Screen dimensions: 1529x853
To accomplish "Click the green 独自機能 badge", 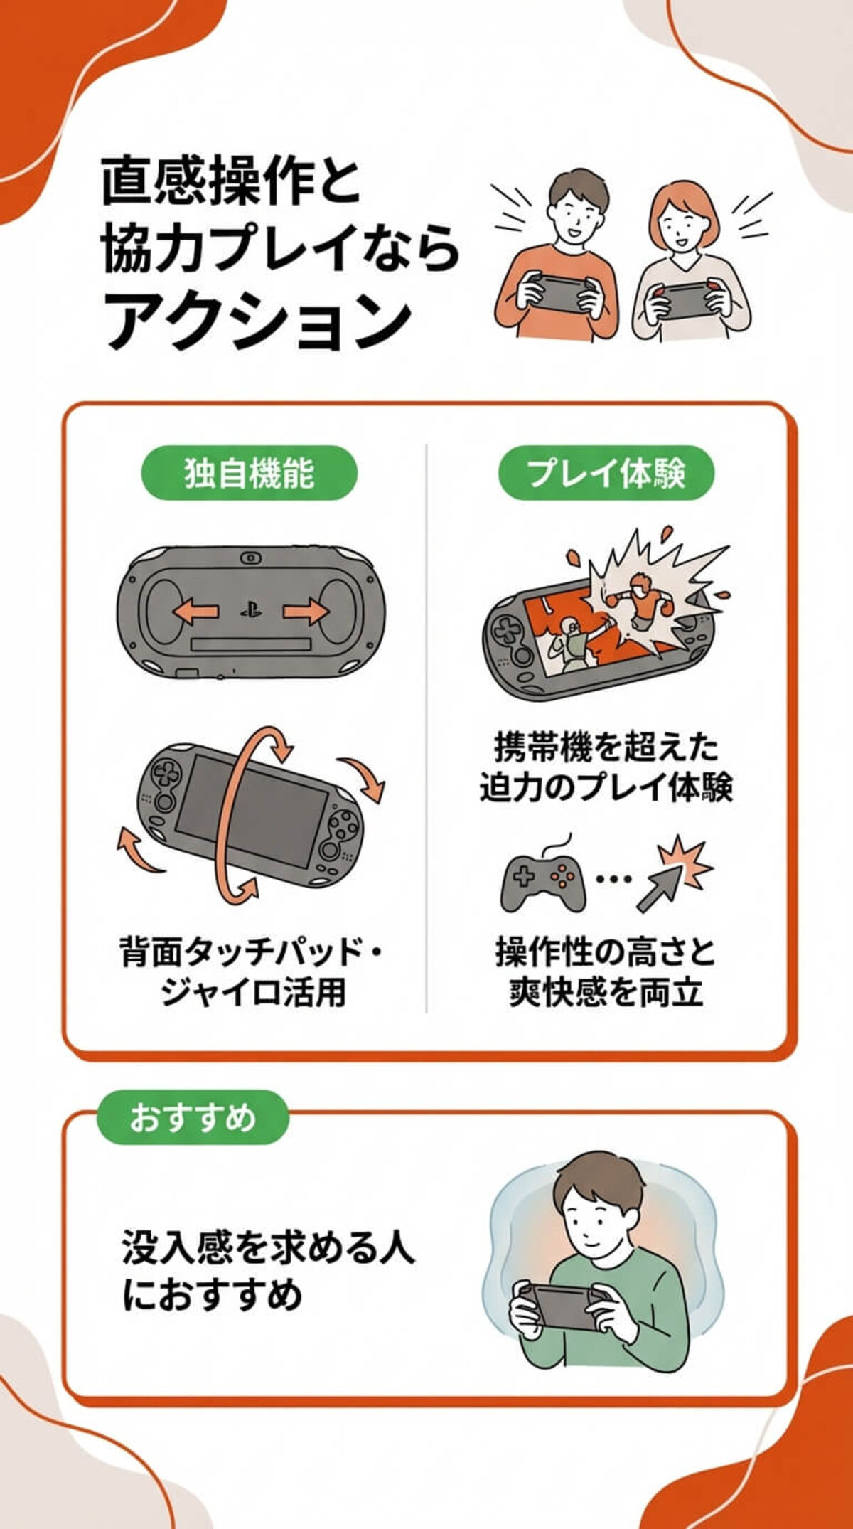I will (249, 473).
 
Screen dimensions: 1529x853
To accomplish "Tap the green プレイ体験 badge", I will (606, 473).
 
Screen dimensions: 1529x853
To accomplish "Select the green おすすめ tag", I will (193, 1117).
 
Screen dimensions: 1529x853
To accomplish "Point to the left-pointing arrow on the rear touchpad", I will (195, 611).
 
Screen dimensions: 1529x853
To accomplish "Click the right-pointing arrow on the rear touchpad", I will (306, 611).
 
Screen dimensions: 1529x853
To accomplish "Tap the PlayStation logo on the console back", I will (250, 610).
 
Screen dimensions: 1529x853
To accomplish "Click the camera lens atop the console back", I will (250, 558).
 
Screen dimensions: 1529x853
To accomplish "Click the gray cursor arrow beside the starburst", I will (658, 889).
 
